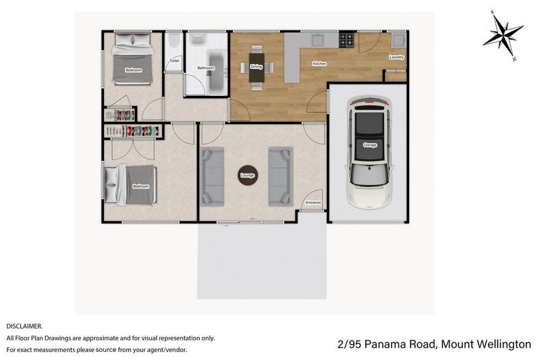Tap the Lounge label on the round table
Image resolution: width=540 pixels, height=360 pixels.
[x=247, y=176]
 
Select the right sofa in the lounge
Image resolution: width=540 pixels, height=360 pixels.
[x=280, y=176]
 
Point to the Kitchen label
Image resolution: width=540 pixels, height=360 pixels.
[x=319, y=63]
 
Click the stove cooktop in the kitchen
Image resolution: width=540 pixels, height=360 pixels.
[x=347, y=41]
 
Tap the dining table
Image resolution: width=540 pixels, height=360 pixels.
[x=256, y=66]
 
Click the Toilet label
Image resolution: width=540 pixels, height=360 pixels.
[x=174, y=61]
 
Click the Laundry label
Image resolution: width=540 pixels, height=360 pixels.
[x=396, y=57]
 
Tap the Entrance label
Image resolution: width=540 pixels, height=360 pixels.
[x=313, y=203]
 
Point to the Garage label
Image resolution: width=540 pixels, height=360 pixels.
[x=369, y=145]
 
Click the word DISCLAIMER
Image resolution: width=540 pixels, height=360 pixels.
[x=24, y=326]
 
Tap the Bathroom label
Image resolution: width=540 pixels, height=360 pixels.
[x=205, y=68]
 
